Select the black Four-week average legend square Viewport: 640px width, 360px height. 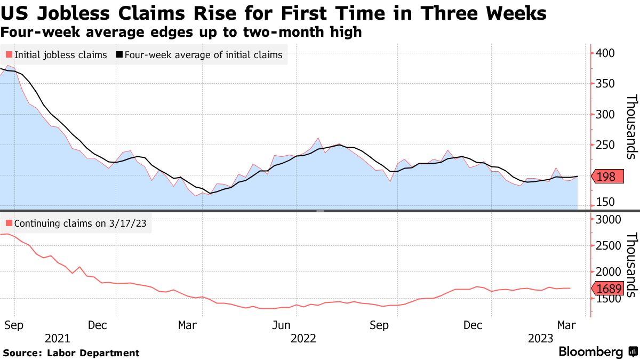(120, 54)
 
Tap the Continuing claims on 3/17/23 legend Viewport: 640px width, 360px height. (78, 223)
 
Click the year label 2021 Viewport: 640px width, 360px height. (57, 338)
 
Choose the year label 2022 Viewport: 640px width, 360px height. (304, 338)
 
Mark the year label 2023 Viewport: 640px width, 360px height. (540, 338)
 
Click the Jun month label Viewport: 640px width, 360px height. (281, 325)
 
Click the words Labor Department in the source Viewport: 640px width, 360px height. (93, 353)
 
